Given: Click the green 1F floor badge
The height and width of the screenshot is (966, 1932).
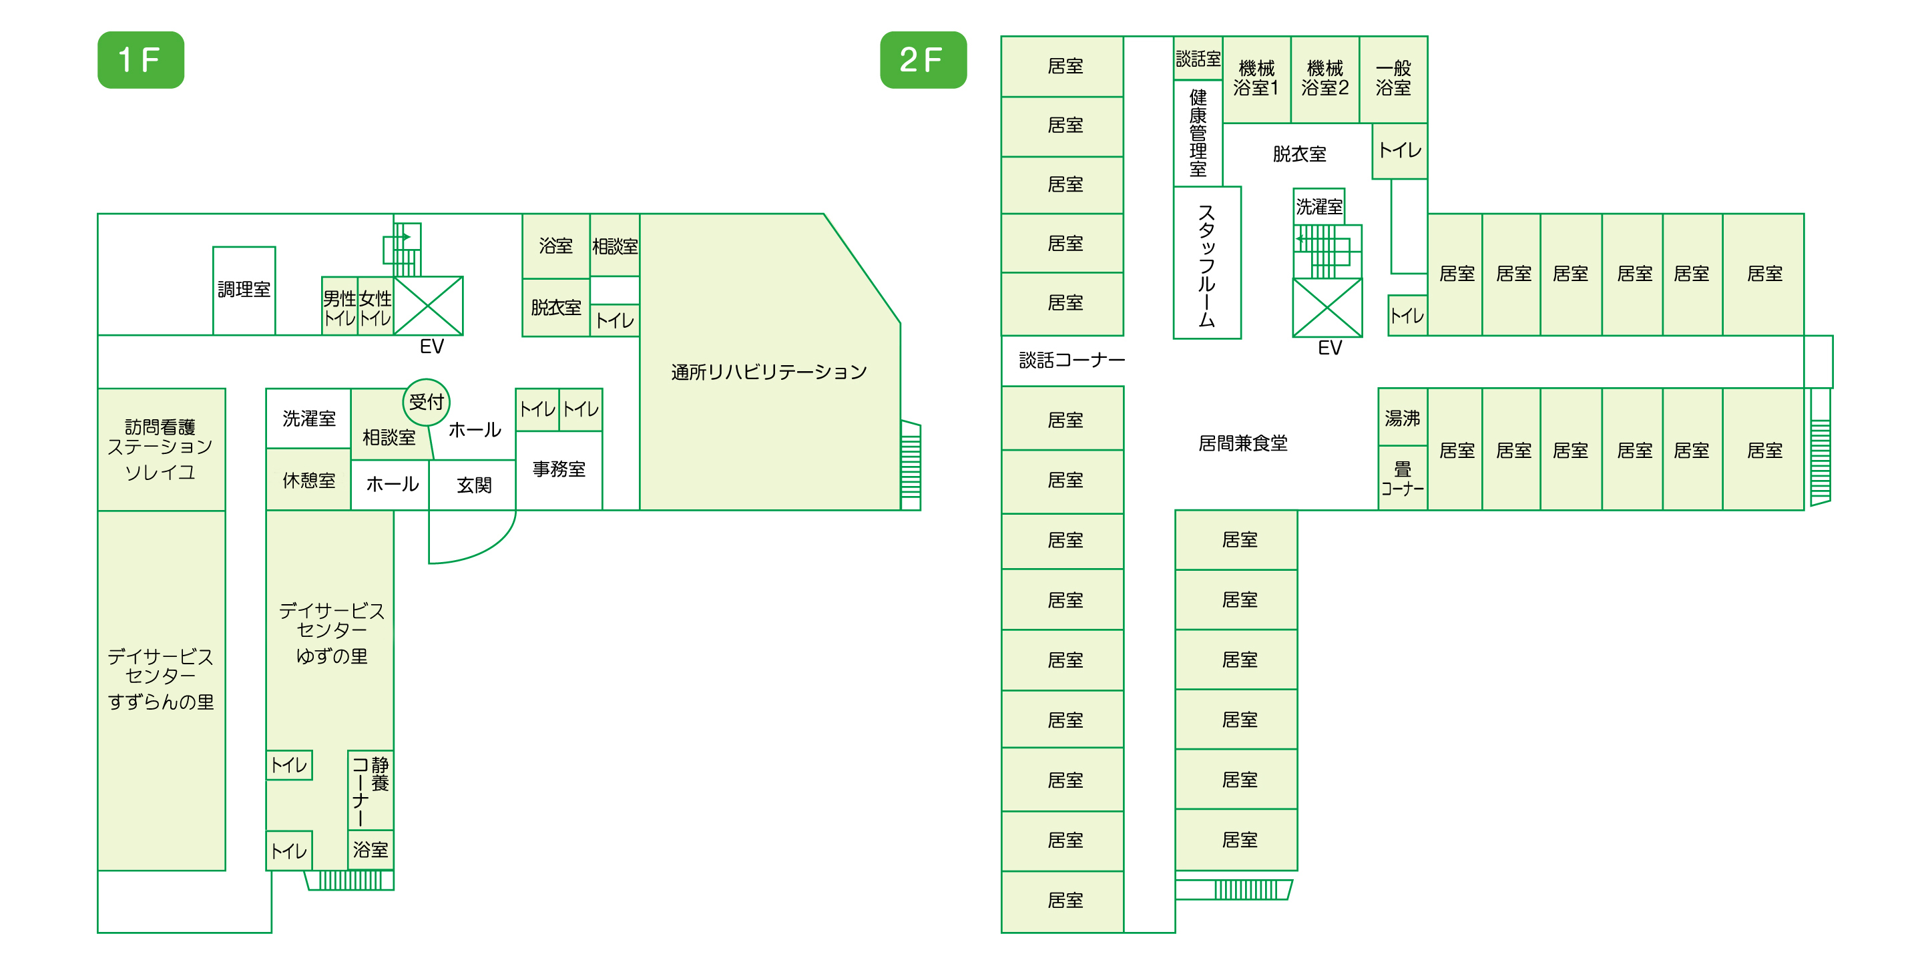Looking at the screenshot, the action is coord(141,60).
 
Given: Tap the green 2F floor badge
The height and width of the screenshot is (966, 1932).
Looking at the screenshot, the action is coord(923,60).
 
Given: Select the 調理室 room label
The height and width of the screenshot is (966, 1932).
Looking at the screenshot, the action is coord(244,290).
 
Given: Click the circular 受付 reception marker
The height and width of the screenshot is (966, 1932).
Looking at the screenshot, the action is coord(427,402).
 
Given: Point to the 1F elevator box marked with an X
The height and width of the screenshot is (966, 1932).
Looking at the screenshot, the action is coord(428,305).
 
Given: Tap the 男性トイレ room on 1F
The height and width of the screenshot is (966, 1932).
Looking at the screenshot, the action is coord(340,306).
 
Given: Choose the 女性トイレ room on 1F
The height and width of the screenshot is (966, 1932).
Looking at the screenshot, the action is coord(376,306).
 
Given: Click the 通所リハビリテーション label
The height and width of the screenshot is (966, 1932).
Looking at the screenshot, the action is coord(769,372).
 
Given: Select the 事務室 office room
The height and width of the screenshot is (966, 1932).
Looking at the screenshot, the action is coord(559,470).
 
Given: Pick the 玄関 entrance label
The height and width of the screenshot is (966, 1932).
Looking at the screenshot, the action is coord(474,485).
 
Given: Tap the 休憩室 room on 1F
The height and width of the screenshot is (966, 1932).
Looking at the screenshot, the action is coord(308,480).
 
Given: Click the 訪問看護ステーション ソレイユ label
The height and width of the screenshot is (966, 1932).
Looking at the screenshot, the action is coord(160,449).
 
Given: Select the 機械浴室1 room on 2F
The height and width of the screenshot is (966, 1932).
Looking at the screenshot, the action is coord(1256,79).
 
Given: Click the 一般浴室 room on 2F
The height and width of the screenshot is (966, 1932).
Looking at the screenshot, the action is coord(1393,79).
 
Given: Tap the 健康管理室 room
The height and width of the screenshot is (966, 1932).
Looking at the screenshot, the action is coord(1198,133).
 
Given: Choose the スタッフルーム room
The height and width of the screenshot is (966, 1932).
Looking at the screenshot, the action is coord(1207,263).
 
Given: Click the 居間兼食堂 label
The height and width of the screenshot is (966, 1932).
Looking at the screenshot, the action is coord(1243,443).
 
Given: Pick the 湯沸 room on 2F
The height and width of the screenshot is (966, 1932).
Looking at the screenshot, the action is coord(1403,418).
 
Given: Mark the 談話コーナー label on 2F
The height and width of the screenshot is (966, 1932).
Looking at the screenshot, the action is coord(1071,360).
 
